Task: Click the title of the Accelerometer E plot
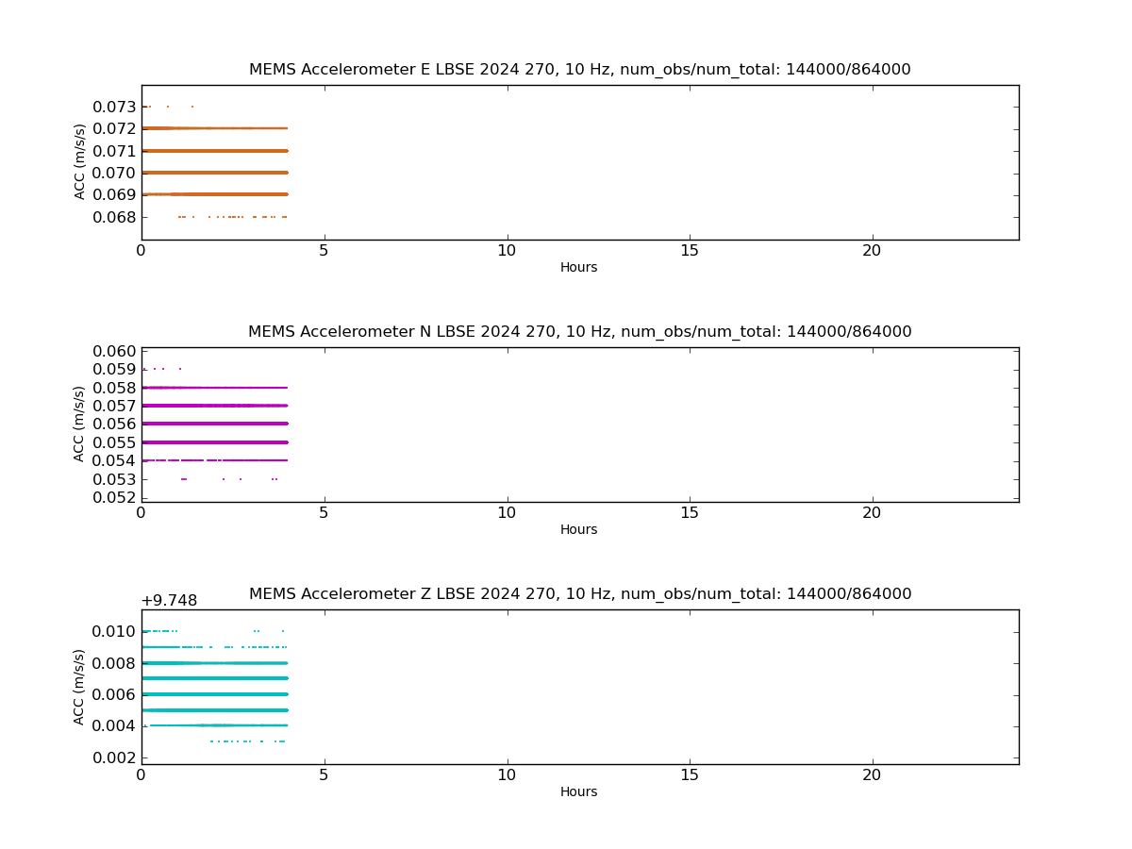tap(579, 69)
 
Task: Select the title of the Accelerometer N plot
tap(579, 331)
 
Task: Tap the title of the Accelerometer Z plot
tap(580, 594)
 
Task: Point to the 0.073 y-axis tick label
tap(114, 107)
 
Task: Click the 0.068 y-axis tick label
tap(114, 217)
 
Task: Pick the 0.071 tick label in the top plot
tap(114, 151)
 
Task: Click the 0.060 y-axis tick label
tap(114, 351)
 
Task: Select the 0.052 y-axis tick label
tap(114, 497)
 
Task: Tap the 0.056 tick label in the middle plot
tap(114, 424)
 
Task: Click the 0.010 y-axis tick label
tap(113, 631)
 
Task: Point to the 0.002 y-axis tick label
tap(114, 757)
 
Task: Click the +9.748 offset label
tap(169, 601)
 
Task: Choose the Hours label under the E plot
tap(578, 267)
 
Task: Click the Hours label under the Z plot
tap(578, 791)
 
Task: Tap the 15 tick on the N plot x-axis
tap(690, 513)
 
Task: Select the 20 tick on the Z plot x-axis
tap(872, 774)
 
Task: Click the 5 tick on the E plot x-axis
tap(324, 251)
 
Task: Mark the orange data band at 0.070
tap(215, 173)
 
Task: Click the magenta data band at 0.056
tap(215, 424)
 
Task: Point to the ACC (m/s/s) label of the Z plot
tap(78, 687)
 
